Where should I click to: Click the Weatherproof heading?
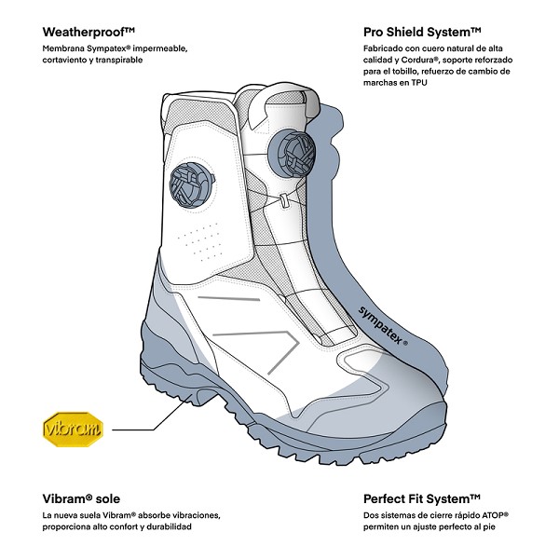[x=89, y=32]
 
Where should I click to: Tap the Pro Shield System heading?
[x=422, y=32]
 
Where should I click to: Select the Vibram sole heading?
[x=81, y=498]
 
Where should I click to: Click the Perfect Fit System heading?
[x=422, y=498]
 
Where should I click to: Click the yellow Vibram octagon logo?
[x=73, y=429]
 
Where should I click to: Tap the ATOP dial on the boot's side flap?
[x=192, y=184]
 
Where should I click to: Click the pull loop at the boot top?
[x=281, y=103]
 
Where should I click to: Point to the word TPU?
[x=419, y=83]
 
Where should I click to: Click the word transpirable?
[x=118, y=60]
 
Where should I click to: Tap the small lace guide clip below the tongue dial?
[x=284, y=200]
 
